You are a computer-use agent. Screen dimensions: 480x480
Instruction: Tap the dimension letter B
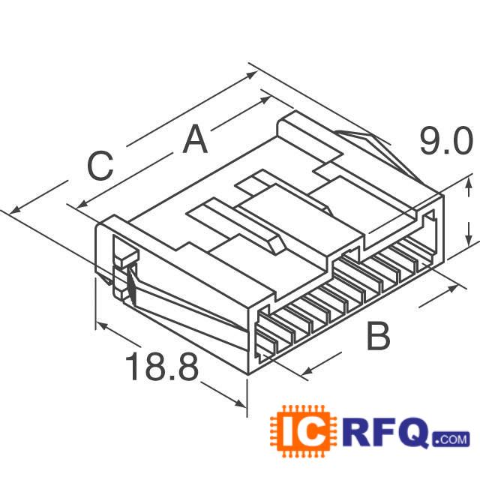378,337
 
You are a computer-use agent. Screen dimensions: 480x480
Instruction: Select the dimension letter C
100,166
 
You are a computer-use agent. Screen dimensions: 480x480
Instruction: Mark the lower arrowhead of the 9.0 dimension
469,238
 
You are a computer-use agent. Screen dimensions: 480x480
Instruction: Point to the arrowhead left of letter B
307,370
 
